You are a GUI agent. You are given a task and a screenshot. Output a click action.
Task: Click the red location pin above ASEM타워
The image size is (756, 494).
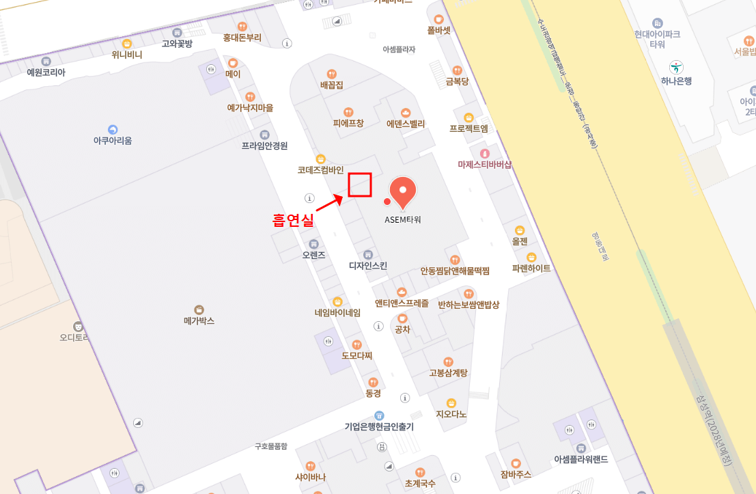pos(403,191)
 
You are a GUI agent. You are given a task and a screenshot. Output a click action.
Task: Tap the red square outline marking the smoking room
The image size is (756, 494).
pos(360,184)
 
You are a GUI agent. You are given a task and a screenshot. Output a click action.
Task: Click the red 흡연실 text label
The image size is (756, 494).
pos(293,220)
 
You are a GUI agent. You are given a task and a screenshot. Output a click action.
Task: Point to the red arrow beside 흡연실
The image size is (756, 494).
pos(329,204)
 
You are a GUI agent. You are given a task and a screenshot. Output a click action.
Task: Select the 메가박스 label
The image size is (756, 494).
pos(199,320)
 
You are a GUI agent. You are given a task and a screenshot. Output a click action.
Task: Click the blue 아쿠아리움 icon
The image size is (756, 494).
pos(113,129)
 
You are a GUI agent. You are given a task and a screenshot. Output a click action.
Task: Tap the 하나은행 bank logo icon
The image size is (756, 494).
pos(676,67)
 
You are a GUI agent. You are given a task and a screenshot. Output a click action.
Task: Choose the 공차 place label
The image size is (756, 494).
pos(402,329)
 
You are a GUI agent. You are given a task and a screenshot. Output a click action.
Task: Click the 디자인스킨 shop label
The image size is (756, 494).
pos(368,265)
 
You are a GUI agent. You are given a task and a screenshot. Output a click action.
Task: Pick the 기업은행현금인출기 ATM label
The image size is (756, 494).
pos(379,426)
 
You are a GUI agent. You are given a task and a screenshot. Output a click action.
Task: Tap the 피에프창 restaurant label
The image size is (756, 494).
pos(348,123)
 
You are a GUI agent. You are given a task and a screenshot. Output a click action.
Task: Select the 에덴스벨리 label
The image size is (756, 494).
pos(406,124)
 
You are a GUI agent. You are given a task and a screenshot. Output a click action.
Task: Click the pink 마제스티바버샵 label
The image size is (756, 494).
pos(485,164)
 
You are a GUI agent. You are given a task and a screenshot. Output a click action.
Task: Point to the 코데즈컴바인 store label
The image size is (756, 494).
pos(320,169)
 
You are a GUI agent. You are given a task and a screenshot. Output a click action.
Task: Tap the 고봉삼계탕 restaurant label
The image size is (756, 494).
pos(448,372)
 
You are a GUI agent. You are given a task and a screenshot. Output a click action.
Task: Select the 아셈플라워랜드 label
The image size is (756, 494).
pos(581,458)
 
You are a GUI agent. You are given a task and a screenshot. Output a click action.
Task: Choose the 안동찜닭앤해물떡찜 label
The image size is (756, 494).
pos(455,271)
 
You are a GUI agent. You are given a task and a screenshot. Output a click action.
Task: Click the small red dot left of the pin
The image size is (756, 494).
pos(387,202)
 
